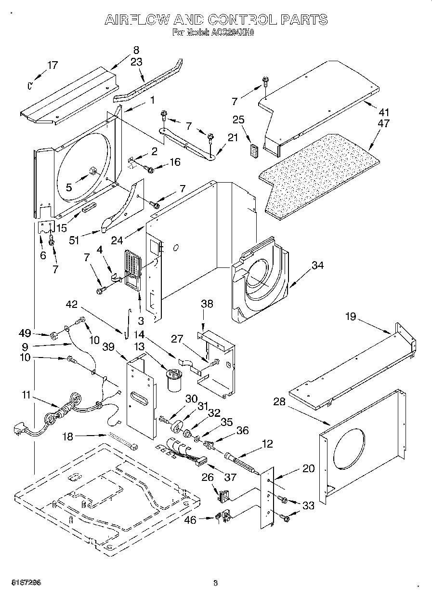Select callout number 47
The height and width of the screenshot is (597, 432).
384,123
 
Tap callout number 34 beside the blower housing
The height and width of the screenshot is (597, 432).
317,265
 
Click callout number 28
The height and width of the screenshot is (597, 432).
280,402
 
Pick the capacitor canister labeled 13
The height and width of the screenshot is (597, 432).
173,379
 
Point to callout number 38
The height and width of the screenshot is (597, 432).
207,304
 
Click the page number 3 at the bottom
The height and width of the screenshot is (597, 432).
216,583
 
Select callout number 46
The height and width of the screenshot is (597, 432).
192,519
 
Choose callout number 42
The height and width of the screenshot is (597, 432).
71,304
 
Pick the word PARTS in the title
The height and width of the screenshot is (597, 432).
304,20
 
